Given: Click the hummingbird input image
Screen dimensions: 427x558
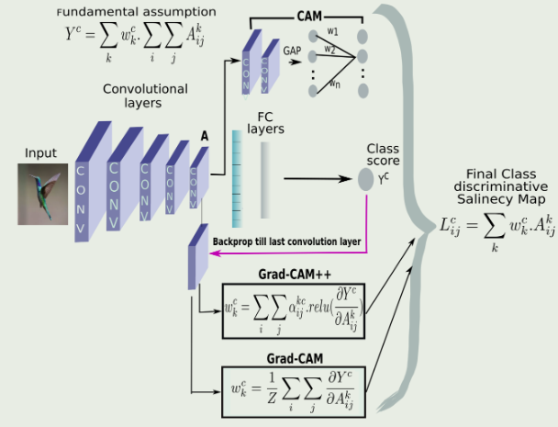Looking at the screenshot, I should (43, 193).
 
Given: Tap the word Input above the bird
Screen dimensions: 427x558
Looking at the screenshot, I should (41, 152).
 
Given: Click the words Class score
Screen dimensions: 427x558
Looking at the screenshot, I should (383, 153).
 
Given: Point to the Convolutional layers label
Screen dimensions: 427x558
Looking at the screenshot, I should (147, 96).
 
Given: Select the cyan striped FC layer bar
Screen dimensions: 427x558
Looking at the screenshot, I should (237, 174).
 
